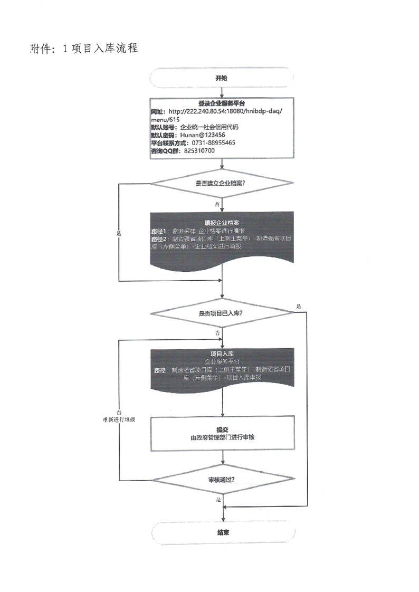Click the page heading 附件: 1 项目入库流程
[84, 49]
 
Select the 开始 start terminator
[222, 78]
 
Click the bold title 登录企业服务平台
[222, 103]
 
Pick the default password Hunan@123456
[203, 135]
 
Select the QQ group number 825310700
[199, 150]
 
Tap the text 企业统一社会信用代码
[209, 127]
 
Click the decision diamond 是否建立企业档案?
[222, 183]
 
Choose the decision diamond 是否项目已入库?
[222, 313]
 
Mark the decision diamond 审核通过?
[222, 480]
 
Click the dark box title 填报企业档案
[222, 223]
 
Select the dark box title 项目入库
[222, 353]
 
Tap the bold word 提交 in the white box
[222, 429]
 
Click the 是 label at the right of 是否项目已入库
[299, 307]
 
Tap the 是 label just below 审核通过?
[218, 499]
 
